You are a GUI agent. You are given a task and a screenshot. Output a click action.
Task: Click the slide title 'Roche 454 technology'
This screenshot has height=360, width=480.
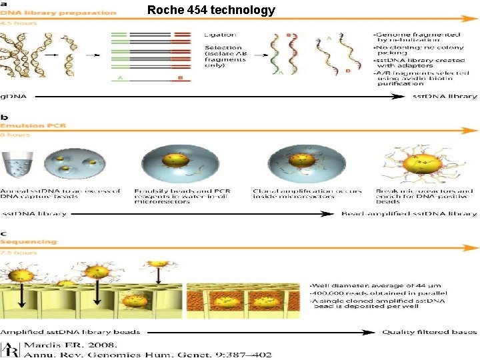(211, 10)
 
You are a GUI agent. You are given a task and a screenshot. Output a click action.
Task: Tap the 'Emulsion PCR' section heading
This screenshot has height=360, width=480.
(29, 125)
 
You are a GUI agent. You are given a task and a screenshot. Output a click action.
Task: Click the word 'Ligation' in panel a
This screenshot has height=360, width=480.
(219, 35)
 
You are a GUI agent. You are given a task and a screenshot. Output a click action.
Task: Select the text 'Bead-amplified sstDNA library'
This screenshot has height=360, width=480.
(409, 213)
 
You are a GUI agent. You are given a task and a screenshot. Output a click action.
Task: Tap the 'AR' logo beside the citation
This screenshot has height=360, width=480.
(11, 348)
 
